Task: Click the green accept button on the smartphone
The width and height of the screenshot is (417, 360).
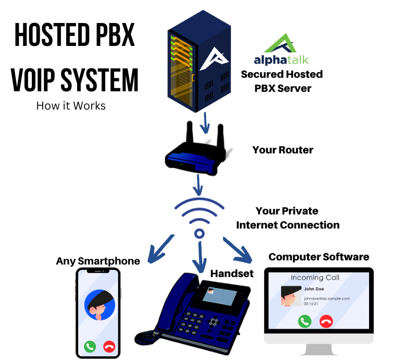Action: [90, 346]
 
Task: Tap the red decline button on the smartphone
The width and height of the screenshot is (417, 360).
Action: [109, 346]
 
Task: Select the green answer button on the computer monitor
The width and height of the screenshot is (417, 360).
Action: [304, 321]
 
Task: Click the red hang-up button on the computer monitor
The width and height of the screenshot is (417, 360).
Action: [326, 321]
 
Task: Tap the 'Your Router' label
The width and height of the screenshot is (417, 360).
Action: [283, 150]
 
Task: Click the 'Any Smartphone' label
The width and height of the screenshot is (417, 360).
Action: [98, 261]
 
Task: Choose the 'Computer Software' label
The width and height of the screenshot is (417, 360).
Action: [318, 257]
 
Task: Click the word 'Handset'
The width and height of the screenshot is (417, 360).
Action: [231, 273]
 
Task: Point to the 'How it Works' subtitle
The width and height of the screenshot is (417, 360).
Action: [71, 106]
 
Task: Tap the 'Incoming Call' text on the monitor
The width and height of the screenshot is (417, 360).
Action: [315, 278]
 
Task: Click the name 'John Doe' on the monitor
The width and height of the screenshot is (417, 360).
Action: [314, 288]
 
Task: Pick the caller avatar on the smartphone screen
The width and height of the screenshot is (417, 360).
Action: [99, 306]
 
